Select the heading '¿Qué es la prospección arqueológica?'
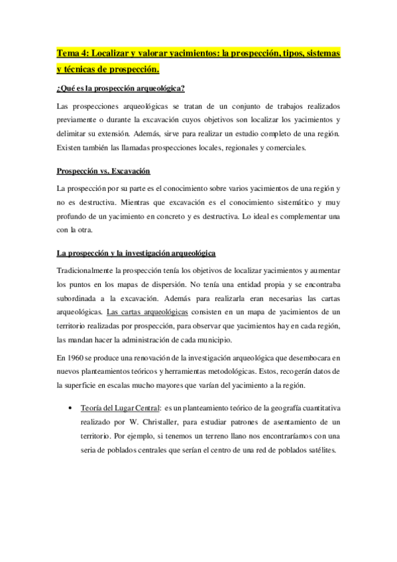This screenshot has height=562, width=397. coord(121,89)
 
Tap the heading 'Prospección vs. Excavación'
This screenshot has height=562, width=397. coord(103,171)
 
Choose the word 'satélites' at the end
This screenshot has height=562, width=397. coord(316,451)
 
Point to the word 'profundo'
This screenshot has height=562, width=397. coord(74,216)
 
